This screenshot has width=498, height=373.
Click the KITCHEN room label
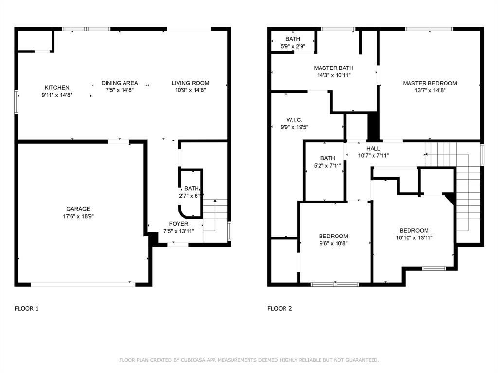(57, 88)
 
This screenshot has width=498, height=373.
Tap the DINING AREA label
(120, 83)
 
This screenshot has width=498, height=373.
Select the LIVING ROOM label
(190, 83)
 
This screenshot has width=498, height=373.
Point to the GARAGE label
(78, 209)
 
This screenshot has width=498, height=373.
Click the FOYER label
(178, 224)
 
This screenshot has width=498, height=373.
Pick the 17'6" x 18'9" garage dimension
(78, 216)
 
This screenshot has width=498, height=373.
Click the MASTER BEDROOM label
(430, 83)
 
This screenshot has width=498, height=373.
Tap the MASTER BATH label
(334, 68)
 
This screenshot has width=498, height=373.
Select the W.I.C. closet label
(294, 120)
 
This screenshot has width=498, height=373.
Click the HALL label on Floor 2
(373, 149)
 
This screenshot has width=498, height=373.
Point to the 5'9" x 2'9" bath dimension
(292, 46)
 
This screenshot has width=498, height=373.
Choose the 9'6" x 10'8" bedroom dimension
(333, 244)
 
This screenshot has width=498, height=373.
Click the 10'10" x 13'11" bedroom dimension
(414, 238)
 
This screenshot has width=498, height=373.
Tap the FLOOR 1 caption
(27, 308)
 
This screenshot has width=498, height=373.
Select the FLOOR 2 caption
(280, 308)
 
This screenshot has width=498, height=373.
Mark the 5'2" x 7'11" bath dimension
(327, 166)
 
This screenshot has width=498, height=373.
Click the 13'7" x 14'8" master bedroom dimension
(430, 90)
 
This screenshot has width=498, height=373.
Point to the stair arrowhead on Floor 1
(215, 201)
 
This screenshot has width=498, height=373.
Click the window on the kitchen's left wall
(16, 102)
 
